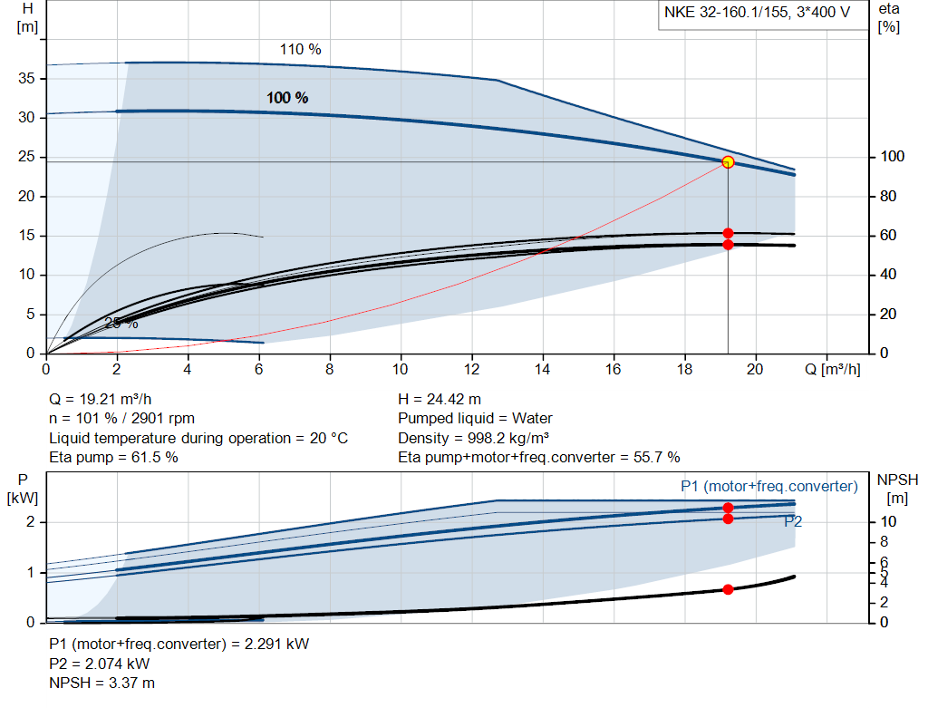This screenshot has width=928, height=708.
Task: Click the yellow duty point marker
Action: (728, 162)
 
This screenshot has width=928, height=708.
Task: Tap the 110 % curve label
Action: (300, 50)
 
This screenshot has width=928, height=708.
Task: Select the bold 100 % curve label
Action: (287, 98)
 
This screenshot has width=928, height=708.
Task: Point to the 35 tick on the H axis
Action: (25, 79)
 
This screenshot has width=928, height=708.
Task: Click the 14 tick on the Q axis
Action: (543, 369)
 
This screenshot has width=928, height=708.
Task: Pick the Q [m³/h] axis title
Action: (831, 369)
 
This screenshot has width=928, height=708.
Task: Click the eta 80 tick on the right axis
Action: (888, 197)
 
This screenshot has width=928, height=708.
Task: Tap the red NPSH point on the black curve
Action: (728, 589)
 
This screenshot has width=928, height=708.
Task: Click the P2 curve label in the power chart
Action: (792, 521)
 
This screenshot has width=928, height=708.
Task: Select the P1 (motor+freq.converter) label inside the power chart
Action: (768, 487)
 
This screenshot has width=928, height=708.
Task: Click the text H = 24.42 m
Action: (440, 399)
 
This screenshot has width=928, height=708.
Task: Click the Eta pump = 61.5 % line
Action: (113, 458)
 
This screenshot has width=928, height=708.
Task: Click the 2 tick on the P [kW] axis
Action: (30, 522)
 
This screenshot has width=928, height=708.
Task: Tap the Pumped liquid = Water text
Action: (475, 419)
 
